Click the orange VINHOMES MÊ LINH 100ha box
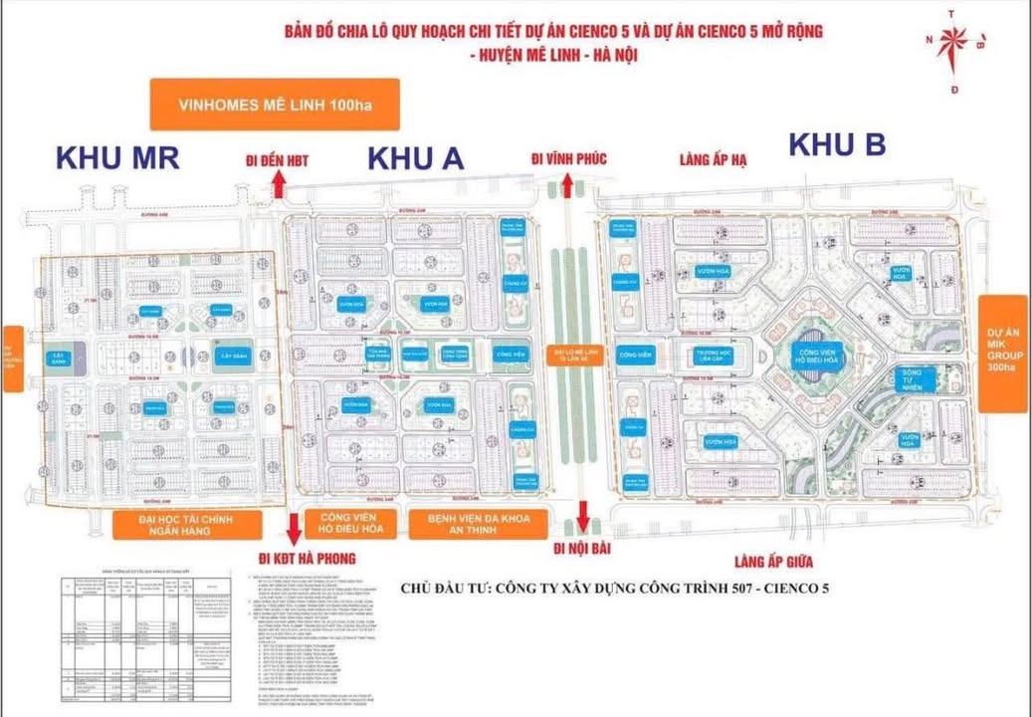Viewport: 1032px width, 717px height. (274, 105)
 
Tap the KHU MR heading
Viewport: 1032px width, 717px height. (117, 158)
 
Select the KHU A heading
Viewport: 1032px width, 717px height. (415, 158)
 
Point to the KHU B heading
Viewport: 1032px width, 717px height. (837, 145)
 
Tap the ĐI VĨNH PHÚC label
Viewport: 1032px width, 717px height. (568, 159)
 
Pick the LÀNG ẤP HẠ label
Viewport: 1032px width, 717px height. (713, 159)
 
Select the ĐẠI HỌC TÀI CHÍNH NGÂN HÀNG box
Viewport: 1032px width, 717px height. (187, 526)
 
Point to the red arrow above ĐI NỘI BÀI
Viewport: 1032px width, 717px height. (583, 518)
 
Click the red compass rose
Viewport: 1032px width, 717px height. (955, 42)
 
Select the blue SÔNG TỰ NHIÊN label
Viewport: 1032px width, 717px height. (905, 378)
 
